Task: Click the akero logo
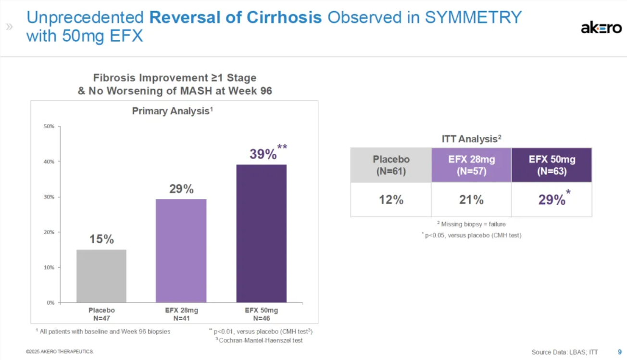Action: coord(601,28)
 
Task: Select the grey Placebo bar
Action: coord(101,276)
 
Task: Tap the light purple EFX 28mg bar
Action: coord(181,250)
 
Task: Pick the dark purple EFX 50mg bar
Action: coord(261,233)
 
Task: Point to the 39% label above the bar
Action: coord(263,154)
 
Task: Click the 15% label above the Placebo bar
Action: coord(101,239)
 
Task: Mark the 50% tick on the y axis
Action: coord(50,126)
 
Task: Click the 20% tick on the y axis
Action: coord(50,232)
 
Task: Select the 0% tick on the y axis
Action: coord(50,303)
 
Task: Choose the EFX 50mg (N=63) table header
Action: coord(552,165)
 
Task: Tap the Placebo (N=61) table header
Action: coord(391,165)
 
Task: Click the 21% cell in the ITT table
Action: coord(471,199)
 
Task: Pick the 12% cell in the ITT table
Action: coord(391,199)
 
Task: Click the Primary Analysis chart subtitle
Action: coord(172,111)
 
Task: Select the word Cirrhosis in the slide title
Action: coord(284,18)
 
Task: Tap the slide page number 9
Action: coord(619,352)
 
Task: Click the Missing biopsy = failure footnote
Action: coord(471,224)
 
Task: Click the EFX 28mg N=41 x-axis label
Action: coord(181,314)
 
